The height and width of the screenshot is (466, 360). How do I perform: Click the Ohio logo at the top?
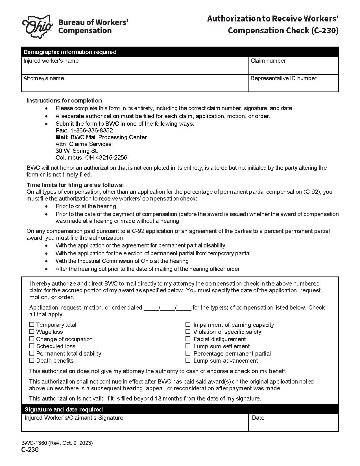pos(38,26)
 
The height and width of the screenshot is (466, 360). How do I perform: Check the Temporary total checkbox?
pos(32,325)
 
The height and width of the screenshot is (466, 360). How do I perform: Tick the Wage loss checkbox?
pos(32,332)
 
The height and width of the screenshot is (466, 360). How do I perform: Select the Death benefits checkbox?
pos(32,360)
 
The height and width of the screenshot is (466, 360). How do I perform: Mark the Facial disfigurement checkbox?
pos(188,339)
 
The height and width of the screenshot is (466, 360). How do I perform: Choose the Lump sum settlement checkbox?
pos(188,346)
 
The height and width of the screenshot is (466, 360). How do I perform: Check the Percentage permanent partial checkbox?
pos(188,353)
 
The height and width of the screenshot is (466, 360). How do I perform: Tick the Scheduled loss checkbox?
pos(32,346)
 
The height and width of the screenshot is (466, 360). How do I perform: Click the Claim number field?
pos(293,68)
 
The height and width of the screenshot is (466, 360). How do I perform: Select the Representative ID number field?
pos(293,86)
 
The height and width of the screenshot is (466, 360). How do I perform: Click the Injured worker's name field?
pos(135,68)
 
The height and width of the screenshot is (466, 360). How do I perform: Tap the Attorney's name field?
pos(135,86)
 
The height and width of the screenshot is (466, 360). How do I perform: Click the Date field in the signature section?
pos(293,424)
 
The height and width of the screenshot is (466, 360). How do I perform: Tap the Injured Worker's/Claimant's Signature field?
pos(135,425)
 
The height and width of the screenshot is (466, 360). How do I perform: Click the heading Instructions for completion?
pos(64,101)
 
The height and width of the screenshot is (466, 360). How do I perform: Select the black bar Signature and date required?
pos(180,409)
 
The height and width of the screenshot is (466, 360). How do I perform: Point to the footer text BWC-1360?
pos(34,443)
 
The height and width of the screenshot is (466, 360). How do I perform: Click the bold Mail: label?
pos(62,137)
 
